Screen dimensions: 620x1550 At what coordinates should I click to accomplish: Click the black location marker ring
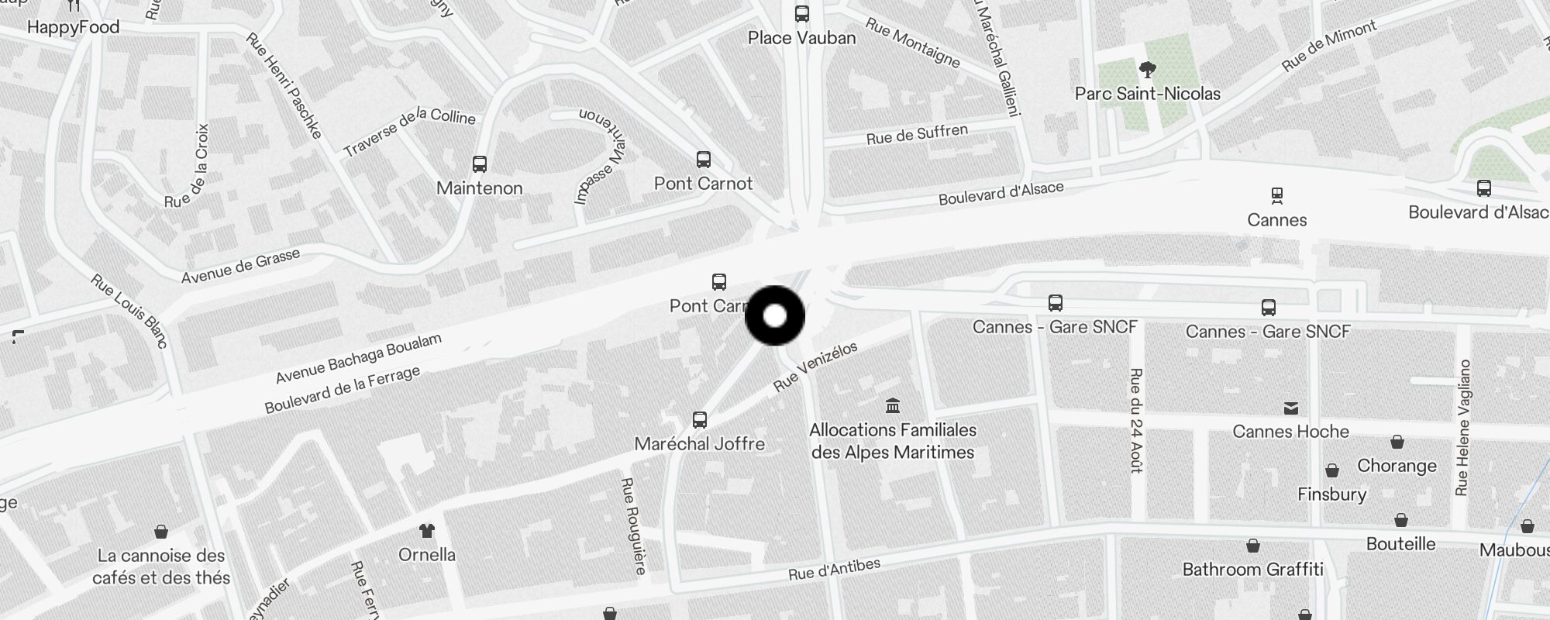(775, 316)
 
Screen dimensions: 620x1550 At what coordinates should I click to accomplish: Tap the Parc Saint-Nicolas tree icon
(1148, 71)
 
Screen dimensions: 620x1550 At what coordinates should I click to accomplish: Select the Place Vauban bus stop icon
(802, 14)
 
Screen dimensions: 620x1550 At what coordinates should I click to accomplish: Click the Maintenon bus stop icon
(480, 164)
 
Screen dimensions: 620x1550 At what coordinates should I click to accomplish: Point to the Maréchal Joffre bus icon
(700, 420)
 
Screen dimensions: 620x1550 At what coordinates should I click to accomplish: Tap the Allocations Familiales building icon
(893, 405)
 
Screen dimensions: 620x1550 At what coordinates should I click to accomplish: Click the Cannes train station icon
(1276, 195)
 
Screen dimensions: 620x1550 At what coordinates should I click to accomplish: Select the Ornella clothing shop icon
(426, 531)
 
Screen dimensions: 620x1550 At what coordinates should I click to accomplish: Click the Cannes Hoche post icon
(1291, 408)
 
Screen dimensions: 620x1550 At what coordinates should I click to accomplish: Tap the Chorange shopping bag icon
(1397, 442)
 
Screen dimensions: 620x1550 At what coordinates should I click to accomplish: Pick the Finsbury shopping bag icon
(1332, 470)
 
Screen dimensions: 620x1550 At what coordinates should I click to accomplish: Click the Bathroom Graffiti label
(1252, 570)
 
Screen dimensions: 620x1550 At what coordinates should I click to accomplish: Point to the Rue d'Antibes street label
(834, 569)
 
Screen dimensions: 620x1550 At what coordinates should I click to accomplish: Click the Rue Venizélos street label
(815, 367)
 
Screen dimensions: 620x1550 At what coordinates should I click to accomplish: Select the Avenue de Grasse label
(240, 266)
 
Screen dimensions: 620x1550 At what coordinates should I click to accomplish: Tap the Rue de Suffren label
(917, 135)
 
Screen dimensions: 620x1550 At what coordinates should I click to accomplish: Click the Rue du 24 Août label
(1136, 420)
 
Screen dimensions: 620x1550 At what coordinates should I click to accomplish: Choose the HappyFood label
(73, 28)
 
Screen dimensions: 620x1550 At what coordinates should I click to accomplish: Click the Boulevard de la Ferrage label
(342, 389)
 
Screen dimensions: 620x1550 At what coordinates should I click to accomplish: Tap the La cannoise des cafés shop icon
(161, 532)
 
